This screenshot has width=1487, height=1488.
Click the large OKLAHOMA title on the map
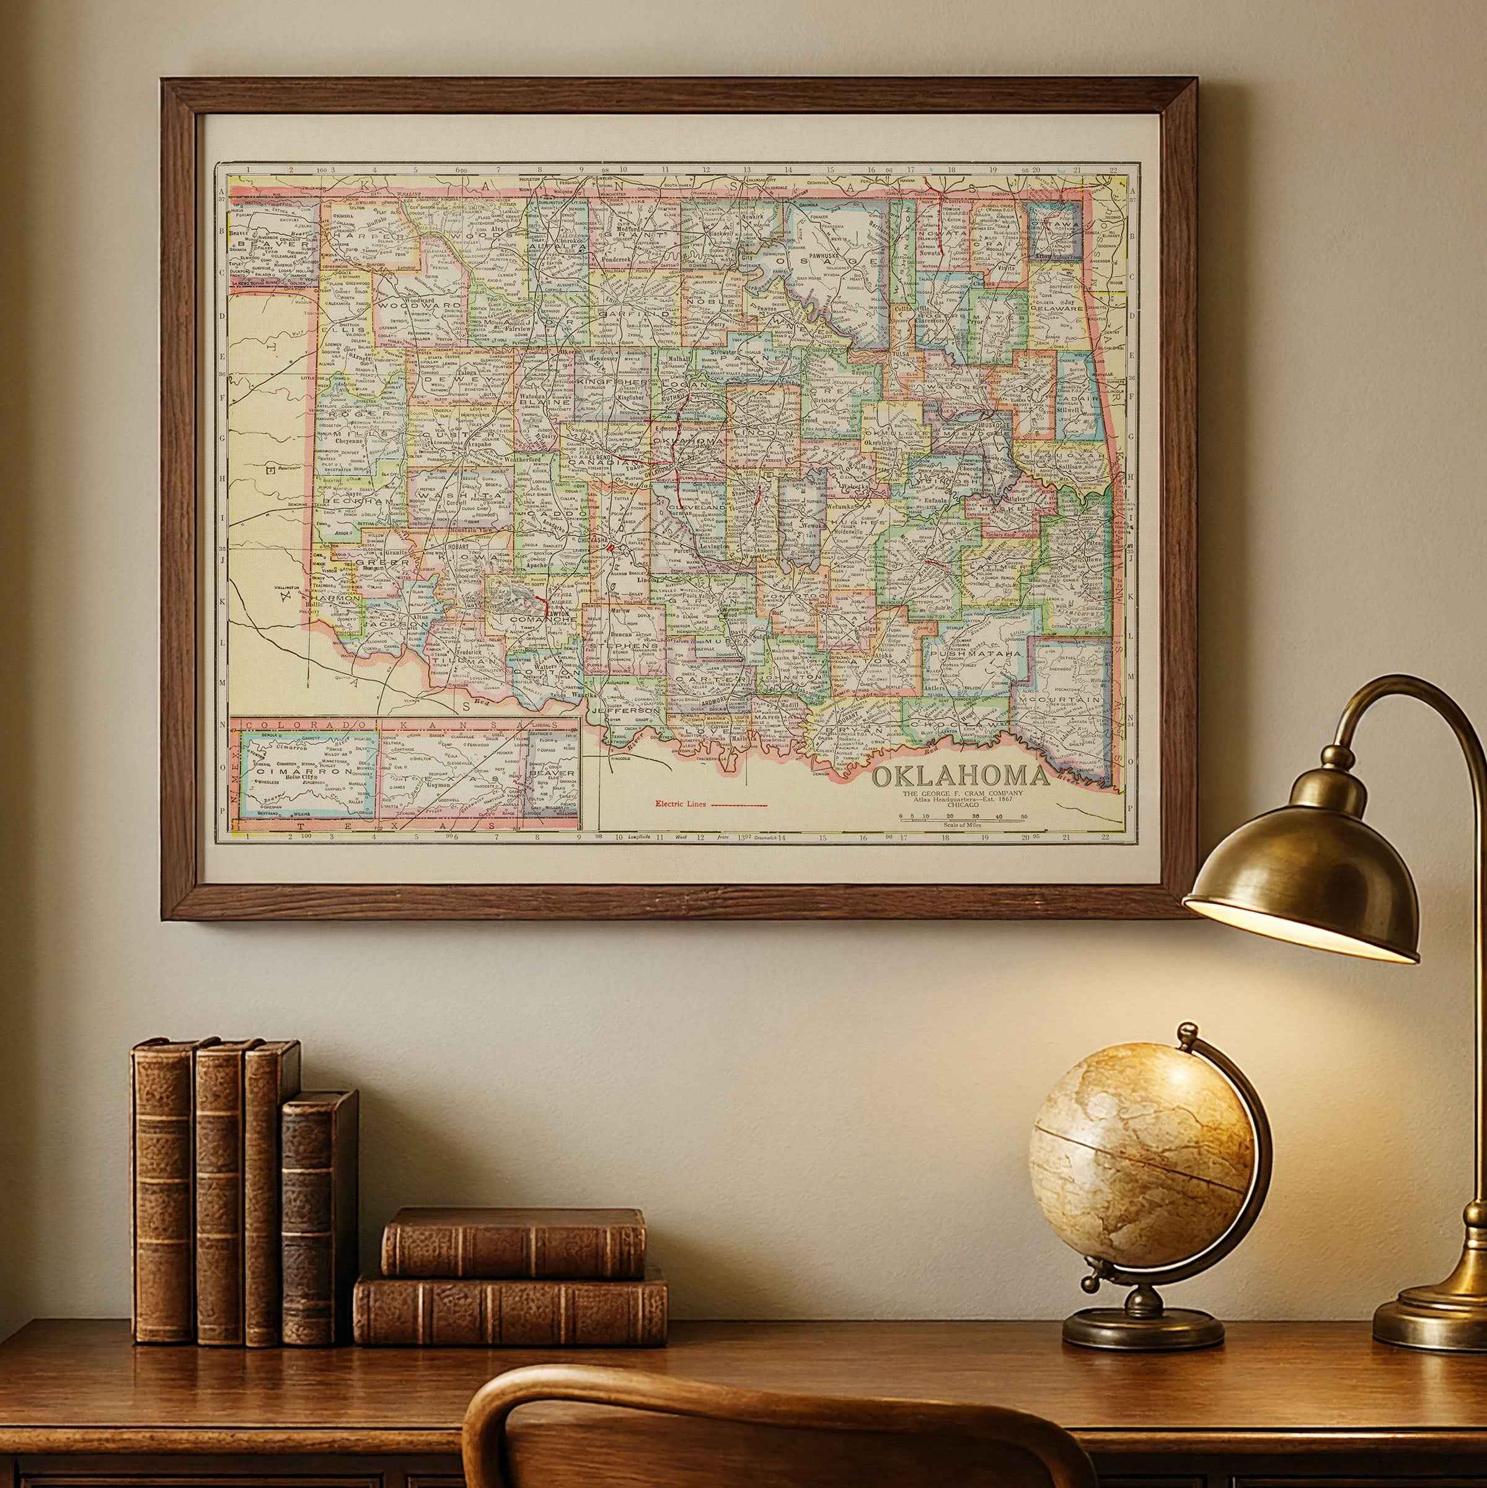click(960, 776)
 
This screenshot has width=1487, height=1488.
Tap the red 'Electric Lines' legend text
click(680, 804)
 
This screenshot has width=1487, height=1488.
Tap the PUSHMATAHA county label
click(976, 653)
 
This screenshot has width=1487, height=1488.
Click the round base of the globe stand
click(1143, 1326)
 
